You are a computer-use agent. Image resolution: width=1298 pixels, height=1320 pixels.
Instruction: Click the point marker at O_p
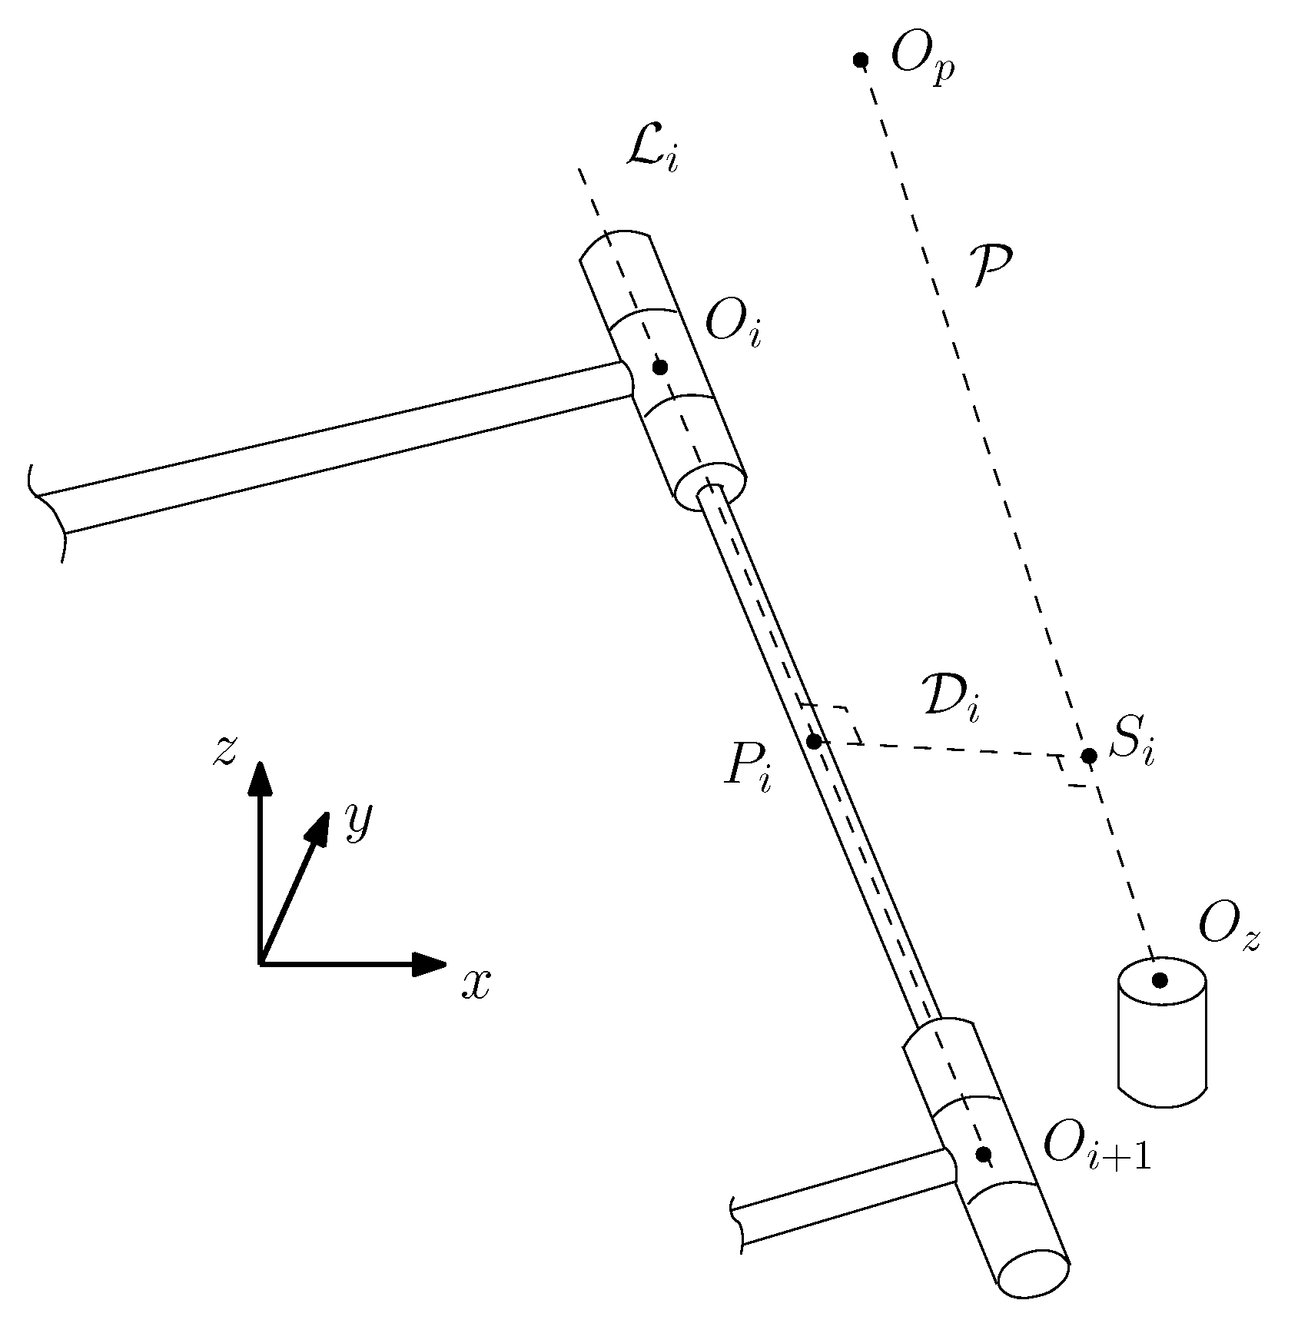click(861, 60)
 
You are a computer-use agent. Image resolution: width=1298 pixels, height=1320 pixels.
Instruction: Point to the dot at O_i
click(659, 367)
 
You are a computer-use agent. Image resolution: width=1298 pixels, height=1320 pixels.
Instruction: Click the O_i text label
click(732, 329)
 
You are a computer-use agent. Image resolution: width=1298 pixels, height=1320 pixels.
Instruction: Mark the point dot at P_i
click(814, 742)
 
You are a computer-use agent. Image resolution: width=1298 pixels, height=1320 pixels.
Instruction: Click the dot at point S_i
click(1088, 756)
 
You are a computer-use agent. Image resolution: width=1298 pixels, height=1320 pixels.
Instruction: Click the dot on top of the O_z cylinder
click(1160, 980)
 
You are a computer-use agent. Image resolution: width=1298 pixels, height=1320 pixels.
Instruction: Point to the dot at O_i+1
click(983, 1154)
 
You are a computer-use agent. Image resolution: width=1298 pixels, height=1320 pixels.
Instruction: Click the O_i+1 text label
click(1096, 1152)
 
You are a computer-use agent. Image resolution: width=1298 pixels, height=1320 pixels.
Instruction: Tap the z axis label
click(224, 751)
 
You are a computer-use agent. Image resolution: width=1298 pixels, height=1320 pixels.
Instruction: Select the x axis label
click(476, 983)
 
